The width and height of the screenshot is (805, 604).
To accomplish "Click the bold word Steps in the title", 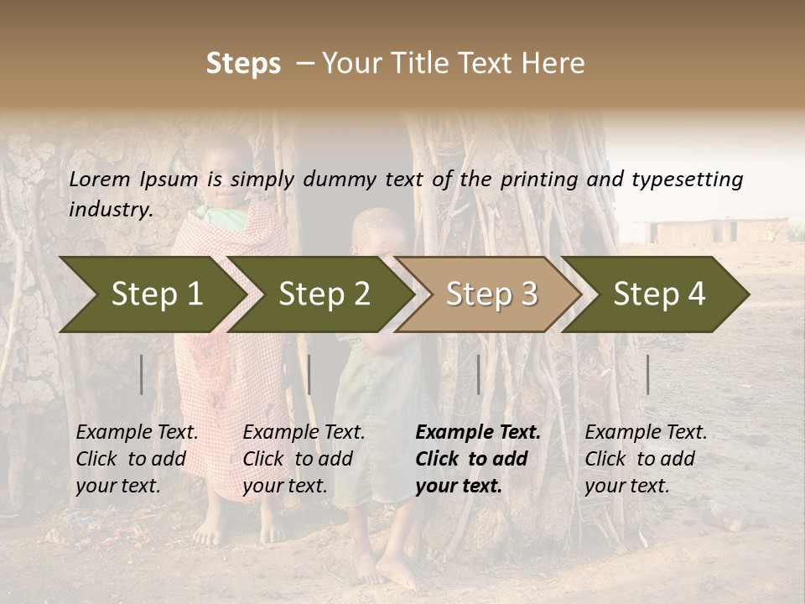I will [243, 64].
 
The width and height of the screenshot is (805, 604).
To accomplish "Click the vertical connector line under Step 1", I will [142, 374].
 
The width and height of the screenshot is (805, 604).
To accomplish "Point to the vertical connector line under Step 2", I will [309, 374].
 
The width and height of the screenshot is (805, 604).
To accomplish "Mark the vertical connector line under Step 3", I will [479, 374].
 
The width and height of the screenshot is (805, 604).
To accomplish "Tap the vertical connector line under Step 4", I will [648, 374].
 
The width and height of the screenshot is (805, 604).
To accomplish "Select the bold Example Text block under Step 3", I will [478, 459].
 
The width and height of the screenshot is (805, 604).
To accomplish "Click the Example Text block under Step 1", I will [137, 459].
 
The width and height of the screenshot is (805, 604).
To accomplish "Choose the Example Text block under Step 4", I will [646, 459].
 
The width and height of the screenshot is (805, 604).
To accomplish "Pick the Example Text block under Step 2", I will [304, 459].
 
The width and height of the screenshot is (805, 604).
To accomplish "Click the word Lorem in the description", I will [100, 180].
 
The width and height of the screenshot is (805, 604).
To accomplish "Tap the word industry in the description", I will [110, 210].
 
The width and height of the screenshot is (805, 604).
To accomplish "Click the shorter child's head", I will [379, 235].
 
